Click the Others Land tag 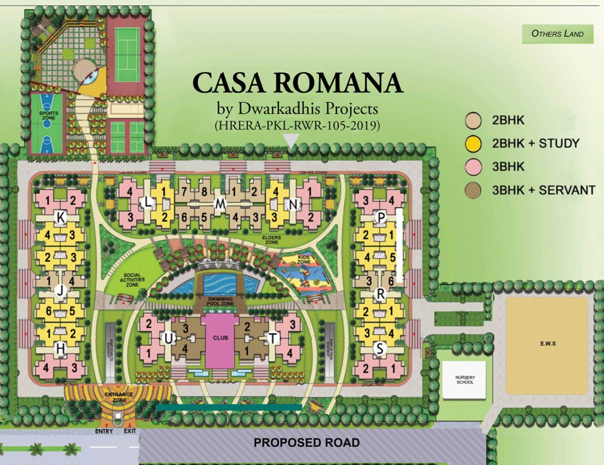[x=557, y=34]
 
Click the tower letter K [x=60, y=216]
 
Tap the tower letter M [x=220, y=206]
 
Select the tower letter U [x=171, y=337]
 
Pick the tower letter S [x=379, y=348]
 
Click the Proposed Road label [x=306, y=443]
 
